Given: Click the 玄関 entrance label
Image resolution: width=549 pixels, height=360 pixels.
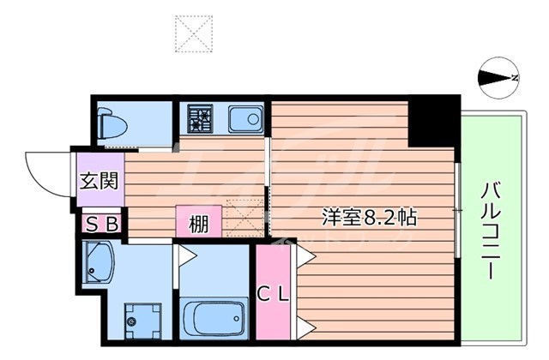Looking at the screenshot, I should click(x=100, y=181).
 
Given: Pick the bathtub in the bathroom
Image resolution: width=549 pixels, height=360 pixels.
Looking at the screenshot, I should click(x=214, y=319).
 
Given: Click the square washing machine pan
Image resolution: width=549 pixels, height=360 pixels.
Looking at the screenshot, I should click(x=137, y=321).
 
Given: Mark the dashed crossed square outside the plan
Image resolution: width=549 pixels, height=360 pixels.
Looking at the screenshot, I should click(x=193, y=33).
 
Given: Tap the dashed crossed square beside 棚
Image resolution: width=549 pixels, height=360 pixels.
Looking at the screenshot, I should click(x=244, y=220).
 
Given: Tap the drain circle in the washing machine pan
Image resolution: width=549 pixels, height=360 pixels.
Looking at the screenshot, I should click(x=132, y=322).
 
